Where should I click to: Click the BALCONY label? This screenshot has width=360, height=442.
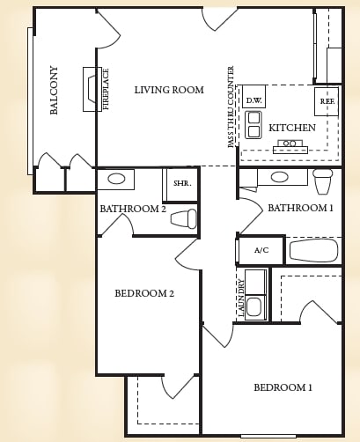55,90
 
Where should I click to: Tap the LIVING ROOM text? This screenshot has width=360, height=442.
169,90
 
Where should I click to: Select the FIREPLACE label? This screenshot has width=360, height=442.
107,89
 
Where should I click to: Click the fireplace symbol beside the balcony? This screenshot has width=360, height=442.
92,89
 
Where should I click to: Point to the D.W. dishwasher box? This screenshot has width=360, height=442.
253,100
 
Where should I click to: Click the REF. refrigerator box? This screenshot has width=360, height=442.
327,101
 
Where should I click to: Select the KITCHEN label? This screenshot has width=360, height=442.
292,128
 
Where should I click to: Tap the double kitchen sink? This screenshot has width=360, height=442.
253,124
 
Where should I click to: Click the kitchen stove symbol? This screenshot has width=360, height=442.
290,146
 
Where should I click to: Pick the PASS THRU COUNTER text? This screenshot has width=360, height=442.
231,107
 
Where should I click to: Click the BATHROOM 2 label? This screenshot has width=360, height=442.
133,209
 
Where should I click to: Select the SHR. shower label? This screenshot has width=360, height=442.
182,183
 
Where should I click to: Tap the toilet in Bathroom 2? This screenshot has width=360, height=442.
184,218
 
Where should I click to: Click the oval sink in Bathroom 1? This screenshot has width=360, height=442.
279,177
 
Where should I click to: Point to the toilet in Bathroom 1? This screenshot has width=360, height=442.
323,180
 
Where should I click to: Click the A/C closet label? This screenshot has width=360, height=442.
261,251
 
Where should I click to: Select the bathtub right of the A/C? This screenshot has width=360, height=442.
313,251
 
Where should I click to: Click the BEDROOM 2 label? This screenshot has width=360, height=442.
144,293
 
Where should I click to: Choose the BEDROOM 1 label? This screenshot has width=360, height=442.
283,387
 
